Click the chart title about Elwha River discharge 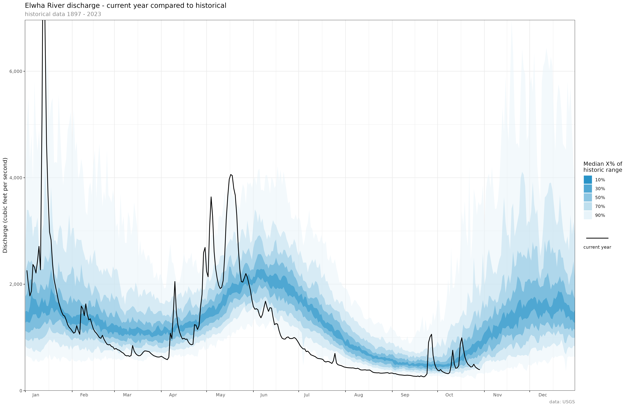click(x=126, y=6)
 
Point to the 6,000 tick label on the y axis click(x=16, y=71)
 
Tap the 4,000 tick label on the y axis click(x=16, y=178)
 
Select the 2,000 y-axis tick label click(x=16, y=284)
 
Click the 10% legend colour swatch click(x=588, y=180)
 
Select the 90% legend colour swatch click(x=588, y=215)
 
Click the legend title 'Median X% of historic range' click(x=603, y=167)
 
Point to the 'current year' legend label click(x=597, y=247)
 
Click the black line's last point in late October click(x=479, y=370)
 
